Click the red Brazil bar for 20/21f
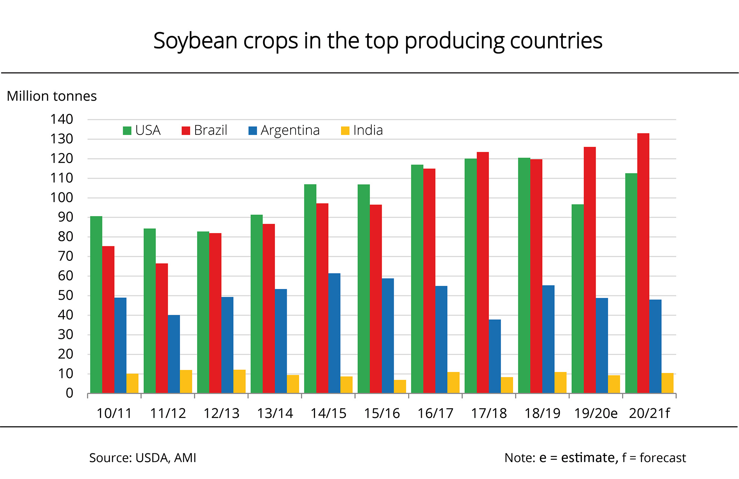click(643, 263)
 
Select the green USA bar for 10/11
click(96, 305)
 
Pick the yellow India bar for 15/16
click(400, 387)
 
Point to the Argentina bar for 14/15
click(334, 333)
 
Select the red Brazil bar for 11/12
click(162, 328)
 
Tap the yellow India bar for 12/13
click(239, 382)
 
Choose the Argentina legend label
click(290, 130)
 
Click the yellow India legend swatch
click(345, 131)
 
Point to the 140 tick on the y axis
click(62, 119)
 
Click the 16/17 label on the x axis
click(435, 413)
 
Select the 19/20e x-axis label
click(596, 413)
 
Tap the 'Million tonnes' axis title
click(52, 96)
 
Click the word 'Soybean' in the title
click(195, 41)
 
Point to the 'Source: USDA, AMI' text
click(143, 458)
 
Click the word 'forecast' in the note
click(663, 458)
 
